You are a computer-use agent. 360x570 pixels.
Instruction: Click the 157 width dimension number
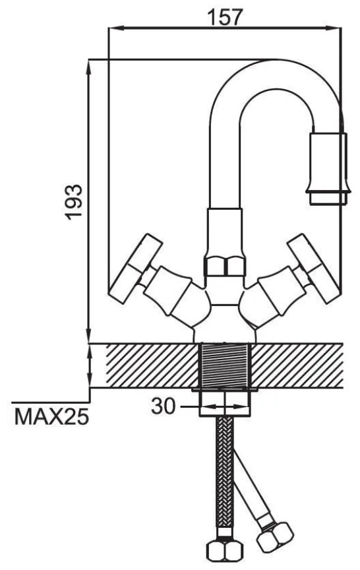pos(224,17)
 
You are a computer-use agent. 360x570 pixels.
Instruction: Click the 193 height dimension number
pos(74,202)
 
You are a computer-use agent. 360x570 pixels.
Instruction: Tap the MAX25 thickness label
pos(51,416)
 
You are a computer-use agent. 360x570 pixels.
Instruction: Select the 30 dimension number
pos(163,406)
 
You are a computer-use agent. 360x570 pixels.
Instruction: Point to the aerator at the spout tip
pos(328,168)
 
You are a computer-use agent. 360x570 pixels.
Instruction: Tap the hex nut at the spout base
pos(224,266)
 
